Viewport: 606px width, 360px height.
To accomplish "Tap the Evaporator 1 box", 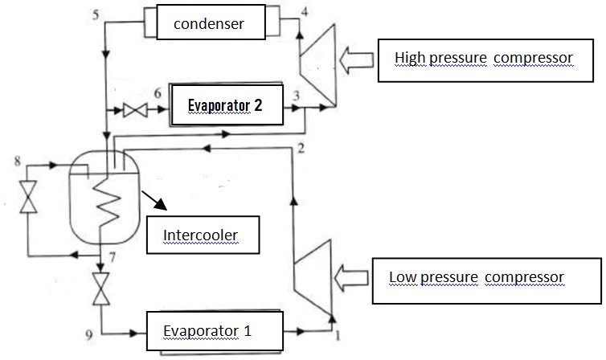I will (x=215, y=329).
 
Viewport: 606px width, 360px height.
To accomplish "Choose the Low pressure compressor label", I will (x=485, y=279).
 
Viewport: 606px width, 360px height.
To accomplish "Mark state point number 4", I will (x=304, y=11).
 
